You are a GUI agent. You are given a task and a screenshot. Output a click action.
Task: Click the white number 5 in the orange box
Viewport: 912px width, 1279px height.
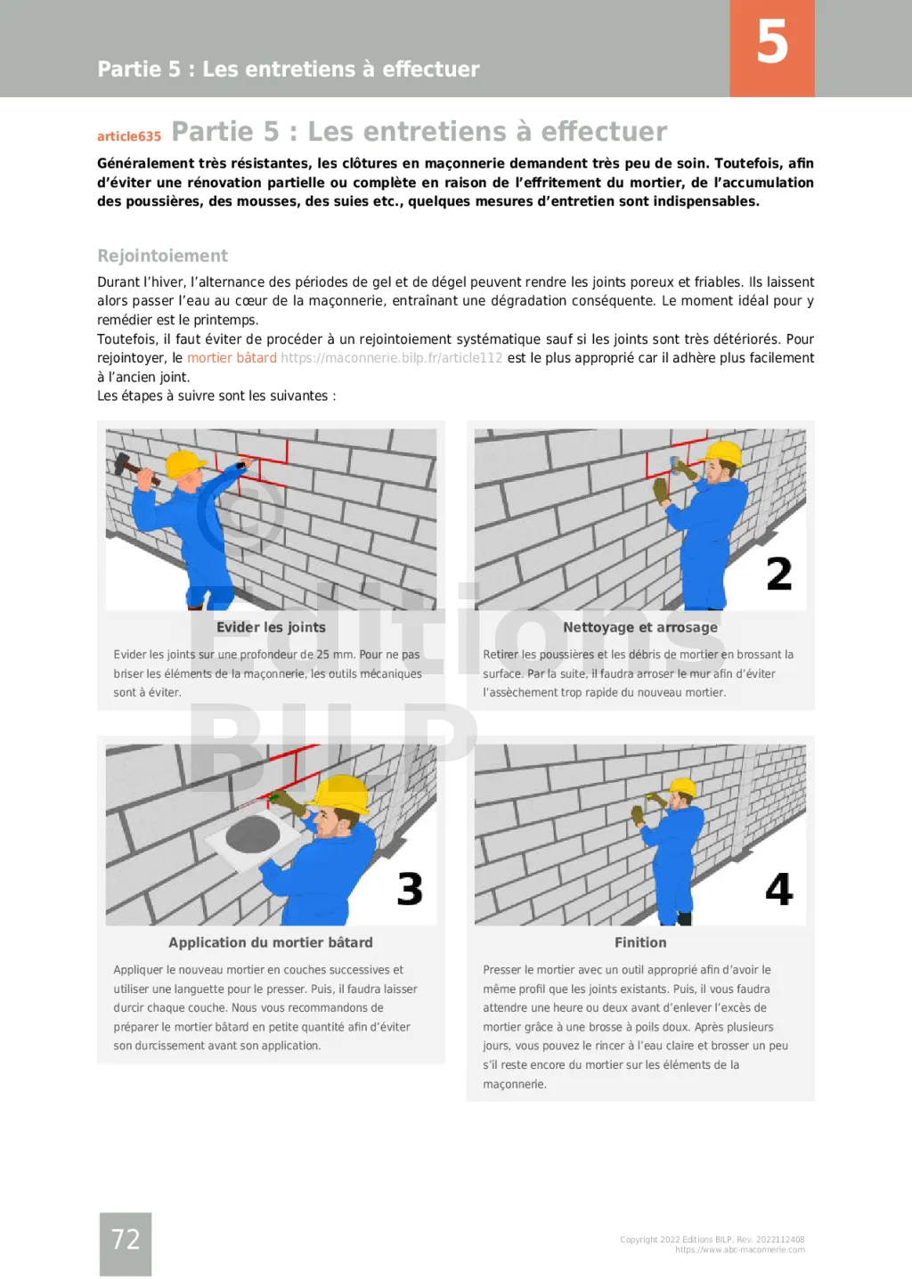click(772, 42)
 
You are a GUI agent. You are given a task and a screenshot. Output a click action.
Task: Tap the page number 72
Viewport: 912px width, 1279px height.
click(126, 1239)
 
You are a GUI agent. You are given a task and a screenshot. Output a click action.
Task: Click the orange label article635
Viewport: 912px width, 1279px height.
click(129, 136)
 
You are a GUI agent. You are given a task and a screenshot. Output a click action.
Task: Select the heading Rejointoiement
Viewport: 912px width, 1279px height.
click(162, 256)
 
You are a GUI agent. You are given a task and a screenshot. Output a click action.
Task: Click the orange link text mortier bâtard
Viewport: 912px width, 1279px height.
click(232, 358)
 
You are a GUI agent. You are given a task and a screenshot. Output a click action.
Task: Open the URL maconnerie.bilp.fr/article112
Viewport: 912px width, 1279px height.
click(391, 358)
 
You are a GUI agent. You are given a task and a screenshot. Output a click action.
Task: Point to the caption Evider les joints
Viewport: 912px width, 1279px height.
click(271, 627)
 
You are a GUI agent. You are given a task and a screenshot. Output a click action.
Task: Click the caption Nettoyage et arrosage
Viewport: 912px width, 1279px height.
click(639, 627)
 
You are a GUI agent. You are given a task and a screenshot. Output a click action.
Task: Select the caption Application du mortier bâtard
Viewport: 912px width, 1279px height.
click(271, 942)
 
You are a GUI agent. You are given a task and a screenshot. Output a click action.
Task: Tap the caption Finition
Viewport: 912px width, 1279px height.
click(639, 942)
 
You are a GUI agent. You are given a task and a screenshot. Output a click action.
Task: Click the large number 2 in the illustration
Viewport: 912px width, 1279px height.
click(778, 574)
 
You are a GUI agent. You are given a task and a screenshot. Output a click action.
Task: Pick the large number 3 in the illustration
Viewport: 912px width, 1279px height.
click(410, 889)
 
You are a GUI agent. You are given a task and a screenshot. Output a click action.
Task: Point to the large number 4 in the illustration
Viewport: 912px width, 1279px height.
click(778, 889)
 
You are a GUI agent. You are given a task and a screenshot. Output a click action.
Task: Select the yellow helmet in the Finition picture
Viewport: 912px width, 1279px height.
click(683, 787)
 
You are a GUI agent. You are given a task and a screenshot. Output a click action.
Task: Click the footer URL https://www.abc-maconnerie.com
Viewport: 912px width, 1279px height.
click(739, 1250)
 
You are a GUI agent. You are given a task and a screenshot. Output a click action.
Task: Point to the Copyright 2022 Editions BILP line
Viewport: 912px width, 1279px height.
click(712, 1240)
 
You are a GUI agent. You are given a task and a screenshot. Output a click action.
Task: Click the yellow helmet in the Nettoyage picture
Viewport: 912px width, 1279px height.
click(724, 452)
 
